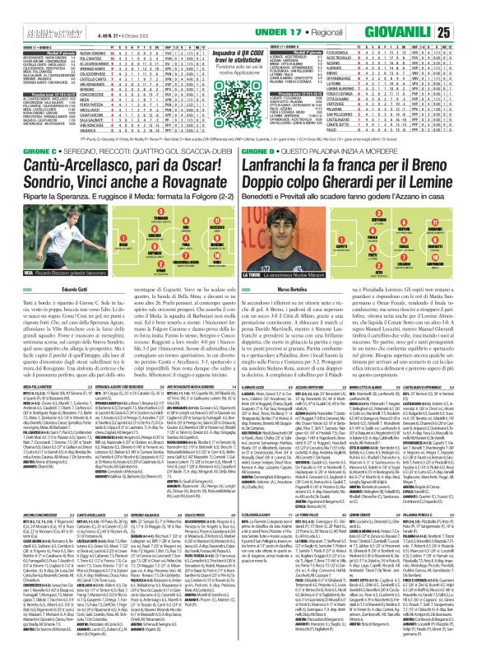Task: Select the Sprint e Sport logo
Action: (x=25, y=10)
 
